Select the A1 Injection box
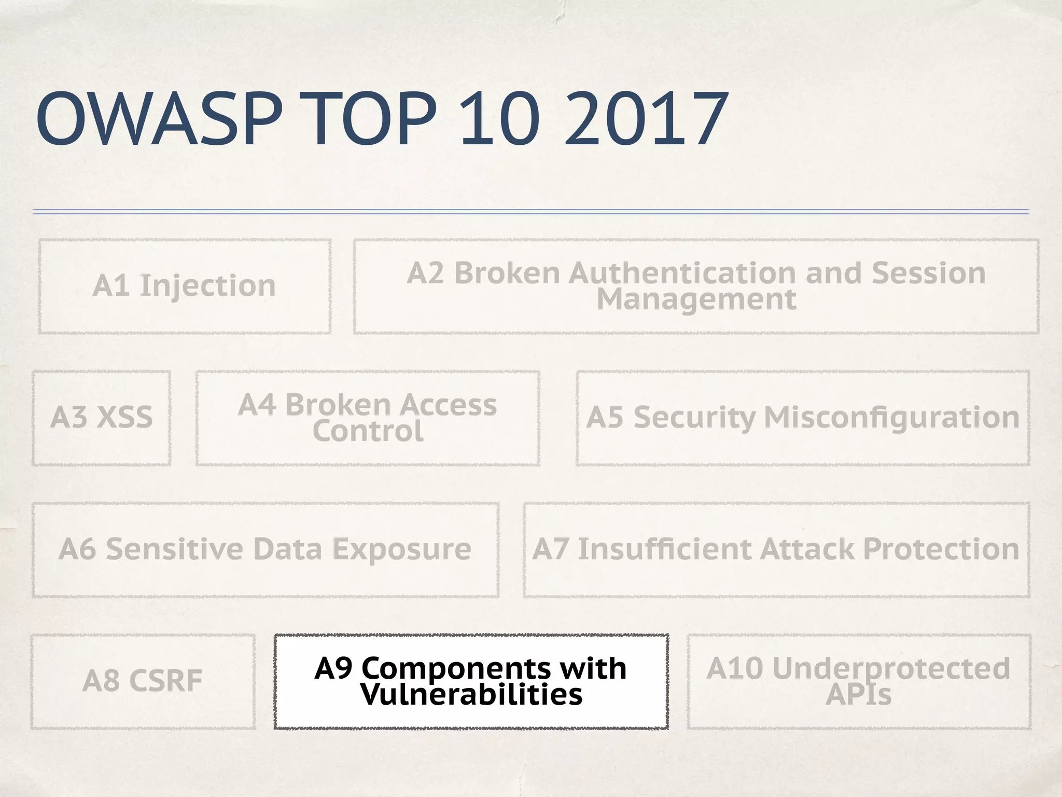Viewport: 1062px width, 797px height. tap(185, 286)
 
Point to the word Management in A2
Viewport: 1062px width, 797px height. tap(696, 299)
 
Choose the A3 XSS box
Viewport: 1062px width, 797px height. tap(102, 418)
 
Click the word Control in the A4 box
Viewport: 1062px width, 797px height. tap(368, 431)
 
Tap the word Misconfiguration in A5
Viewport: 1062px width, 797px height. tap(891, 418)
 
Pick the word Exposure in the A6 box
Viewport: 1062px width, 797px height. tap(401, 549)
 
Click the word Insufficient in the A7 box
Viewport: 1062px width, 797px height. tap(665, 549)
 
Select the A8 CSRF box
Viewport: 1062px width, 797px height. tap(143, 681)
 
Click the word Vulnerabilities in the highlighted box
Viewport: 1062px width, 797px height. tap(471, 694)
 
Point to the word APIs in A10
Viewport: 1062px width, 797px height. tap(858, 694)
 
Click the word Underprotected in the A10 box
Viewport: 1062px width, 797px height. tap(891, 668)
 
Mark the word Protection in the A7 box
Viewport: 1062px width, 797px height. tap(941, 549)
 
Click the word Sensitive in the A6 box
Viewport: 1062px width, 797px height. tap(174, 549)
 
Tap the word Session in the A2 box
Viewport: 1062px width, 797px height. tap(928, 273)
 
